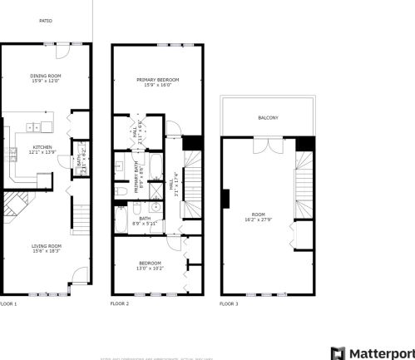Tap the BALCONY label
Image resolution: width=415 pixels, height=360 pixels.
coord(268,117)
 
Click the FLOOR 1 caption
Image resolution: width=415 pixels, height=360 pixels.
coord(8,303)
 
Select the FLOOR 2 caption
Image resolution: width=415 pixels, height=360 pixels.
coord(120,303)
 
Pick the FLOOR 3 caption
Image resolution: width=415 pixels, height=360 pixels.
coord(229,303)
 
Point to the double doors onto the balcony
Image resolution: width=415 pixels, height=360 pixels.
coord(268,145)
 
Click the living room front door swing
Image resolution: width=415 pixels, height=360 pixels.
coord(77,275)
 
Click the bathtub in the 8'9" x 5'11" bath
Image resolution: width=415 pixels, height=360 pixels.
coord(122,220)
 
